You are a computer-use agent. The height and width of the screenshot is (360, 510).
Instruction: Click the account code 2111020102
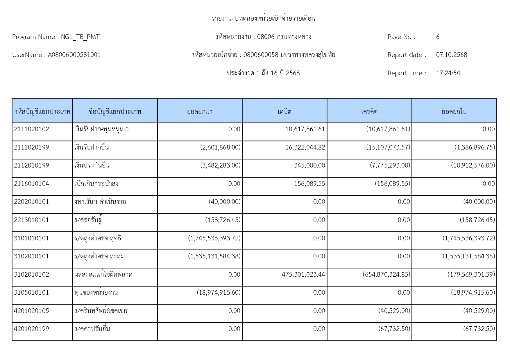(31, 129)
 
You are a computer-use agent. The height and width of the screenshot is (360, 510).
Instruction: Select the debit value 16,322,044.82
(305, 147)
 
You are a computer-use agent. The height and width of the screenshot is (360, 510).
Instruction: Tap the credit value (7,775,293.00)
(390, 165)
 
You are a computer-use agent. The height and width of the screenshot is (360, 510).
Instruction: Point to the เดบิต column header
(284, 111)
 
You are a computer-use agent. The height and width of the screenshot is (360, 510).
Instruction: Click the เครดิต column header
(369, 111)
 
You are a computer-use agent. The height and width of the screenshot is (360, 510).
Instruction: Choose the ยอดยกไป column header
(454, 111)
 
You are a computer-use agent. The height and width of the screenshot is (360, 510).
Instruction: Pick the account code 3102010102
(31, 275)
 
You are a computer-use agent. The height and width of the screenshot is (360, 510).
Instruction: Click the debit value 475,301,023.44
(303, 275)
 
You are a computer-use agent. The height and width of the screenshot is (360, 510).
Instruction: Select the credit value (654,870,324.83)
(386, 275)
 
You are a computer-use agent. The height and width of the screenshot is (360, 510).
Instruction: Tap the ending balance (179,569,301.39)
(471, 275)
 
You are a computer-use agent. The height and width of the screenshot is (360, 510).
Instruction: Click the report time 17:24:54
(448, 73)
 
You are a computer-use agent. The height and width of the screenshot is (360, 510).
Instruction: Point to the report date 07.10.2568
(451, 55)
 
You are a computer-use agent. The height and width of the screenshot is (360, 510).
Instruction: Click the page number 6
(438, 37)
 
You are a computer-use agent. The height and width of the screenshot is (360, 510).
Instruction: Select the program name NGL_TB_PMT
(80, 37)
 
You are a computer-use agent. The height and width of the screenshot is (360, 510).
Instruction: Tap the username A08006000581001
(74, 55)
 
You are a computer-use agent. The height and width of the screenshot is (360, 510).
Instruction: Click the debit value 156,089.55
(309, 184)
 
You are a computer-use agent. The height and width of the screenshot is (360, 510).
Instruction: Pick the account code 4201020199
(31, 329)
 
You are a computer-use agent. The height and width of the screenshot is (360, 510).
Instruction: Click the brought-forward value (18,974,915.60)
(219, 293)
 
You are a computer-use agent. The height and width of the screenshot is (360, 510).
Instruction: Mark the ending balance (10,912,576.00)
(473, 165)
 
